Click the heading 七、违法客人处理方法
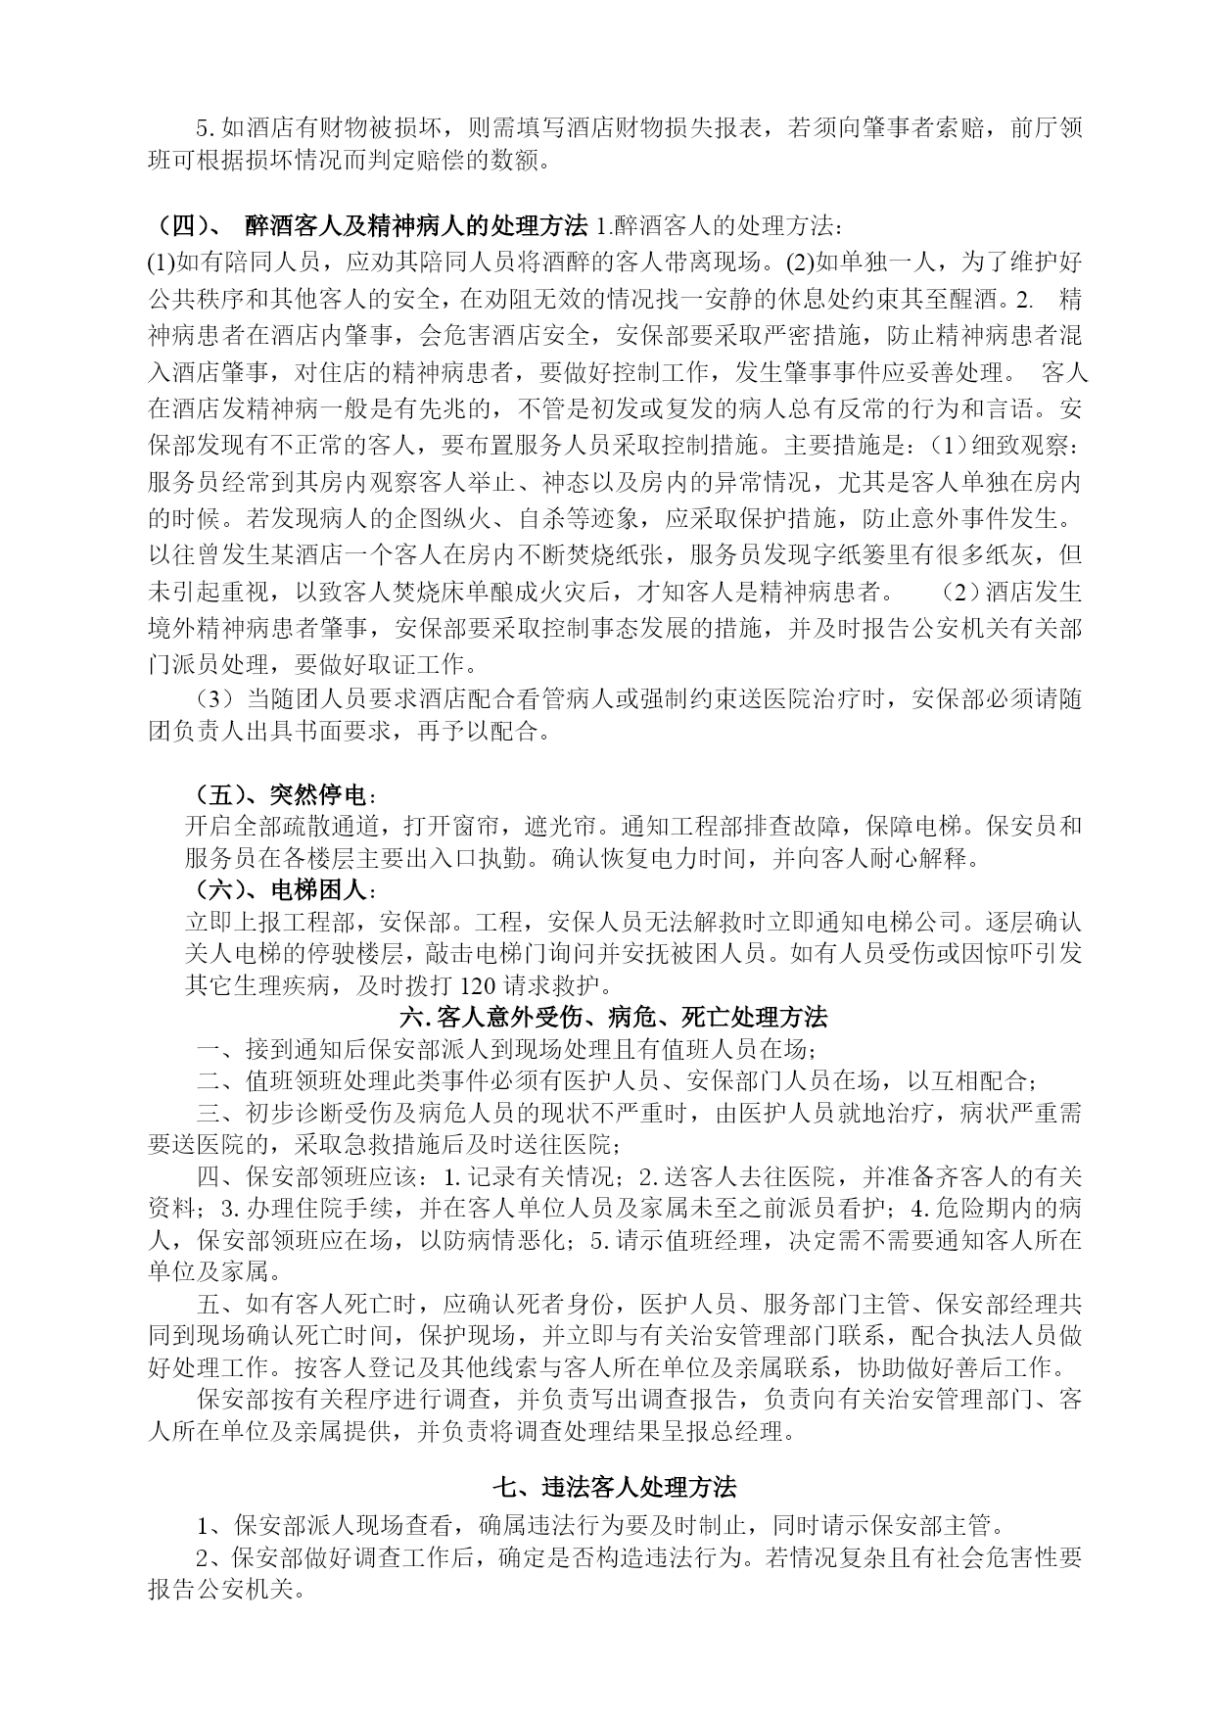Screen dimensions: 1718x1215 pos(614,1487)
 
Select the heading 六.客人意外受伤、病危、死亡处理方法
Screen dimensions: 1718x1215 pos(614,1018)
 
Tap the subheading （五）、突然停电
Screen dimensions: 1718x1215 pos(279,793)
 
